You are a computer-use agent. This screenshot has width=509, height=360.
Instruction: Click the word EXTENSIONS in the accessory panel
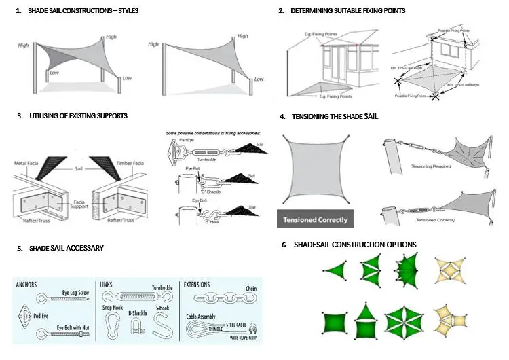pyautogui.click(x=197, y=285)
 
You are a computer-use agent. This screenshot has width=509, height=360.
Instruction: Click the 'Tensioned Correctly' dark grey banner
pyautogui.click(x=315, y=219)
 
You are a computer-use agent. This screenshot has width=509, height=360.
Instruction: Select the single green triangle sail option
pyautogui.click(x=333, y=270)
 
